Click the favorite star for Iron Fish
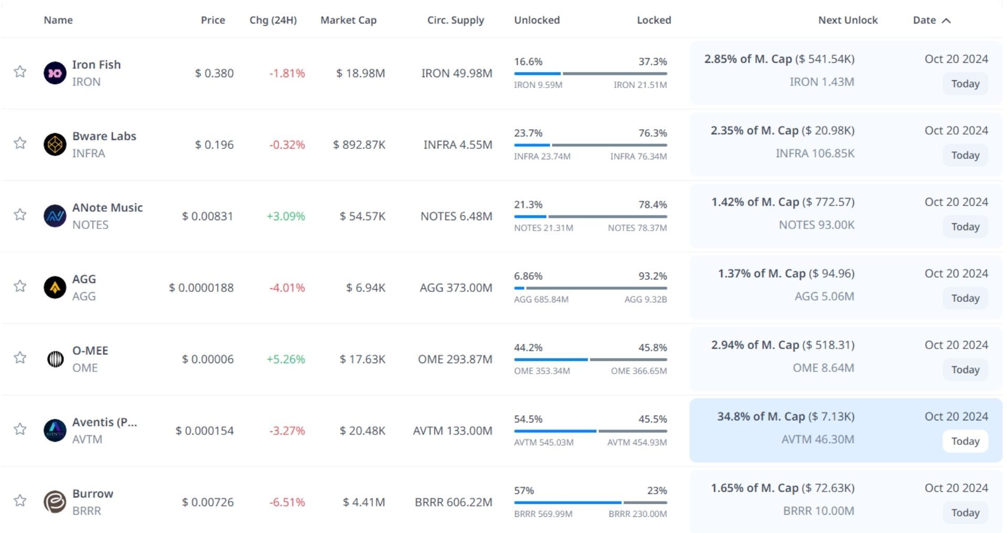pyautogui.click(x=20, y=71)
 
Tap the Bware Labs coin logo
pyautogui.click(x=55, y=145)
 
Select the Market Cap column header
pyautogui.click(x=348, y=20)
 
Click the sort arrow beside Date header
pyautogui.click(x=946, y=20)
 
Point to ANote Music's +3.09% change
pyautogui.click(x=286, y=216)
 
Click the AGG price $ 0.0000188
pyautogui.click(x=201, y=288)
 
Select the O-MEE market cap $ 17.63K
pyautogui.click(x=362, y=359)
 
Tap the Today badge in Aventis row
pyautogui.click(x=965, y=441)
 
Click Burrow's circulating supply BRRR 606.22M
pyautogui.click(x=453, y=502)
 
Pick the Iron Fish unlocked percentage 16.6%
pyautogui.click(x=528, y=61)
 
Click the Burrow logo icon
pyautogui.click(x=55, y=502)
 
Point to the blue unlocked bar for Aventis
pyautogui.click(x=555, y=431)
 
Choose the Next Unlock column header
pyautogui.click(x=848, y=20)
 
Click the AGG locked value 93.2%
pyautogui.click(x=652, y=276)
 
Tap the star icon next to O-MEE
pyautogui.click(x=20, y=357)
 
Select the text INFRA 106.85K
pyautogui.click(x=815, y=153)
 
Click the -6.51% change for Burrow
pyautogui.click(x=287, y=502)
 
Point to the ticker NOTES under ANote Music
pyautogui.click(x=90, y=225)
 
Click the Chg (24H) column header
pyautogui.click(x=273, y=20)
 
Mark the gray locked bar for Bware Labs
pyautogui.click(x=609, y=145)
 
